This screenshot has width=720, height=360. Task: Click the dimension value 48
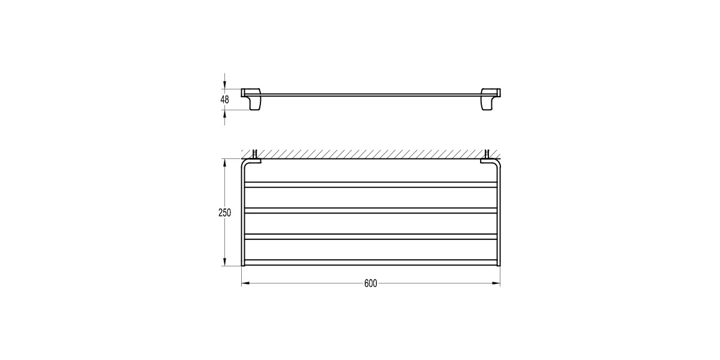pyautogui.click(x=224, y=100)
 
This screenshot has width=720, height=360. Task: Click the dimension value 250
pyautogui.click(x=224, y=213)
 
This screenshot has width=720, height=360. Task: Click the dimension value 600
pyautogui.click(x=371, y=283)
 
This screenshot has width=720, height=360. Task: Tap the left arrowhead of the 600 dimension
pyautogui.click(x=245, y=283)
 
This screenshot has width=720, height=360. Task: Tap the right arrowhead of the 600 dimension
pyautogui.click(x=496, y=283)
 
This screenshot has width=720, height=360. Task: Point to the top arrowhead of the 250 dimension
pyautogui.click(x=224, y=163)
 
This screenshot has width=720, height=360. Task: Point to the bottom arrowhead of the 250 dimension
pyautogui.click(x=224, y=262)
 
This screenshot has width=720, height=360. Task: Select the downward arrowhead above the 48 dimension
pyautogui.click(x=224, y=85)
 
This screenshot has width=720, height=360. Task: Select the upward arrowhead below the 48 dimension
pyautogui.click(x=224, y=114)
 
